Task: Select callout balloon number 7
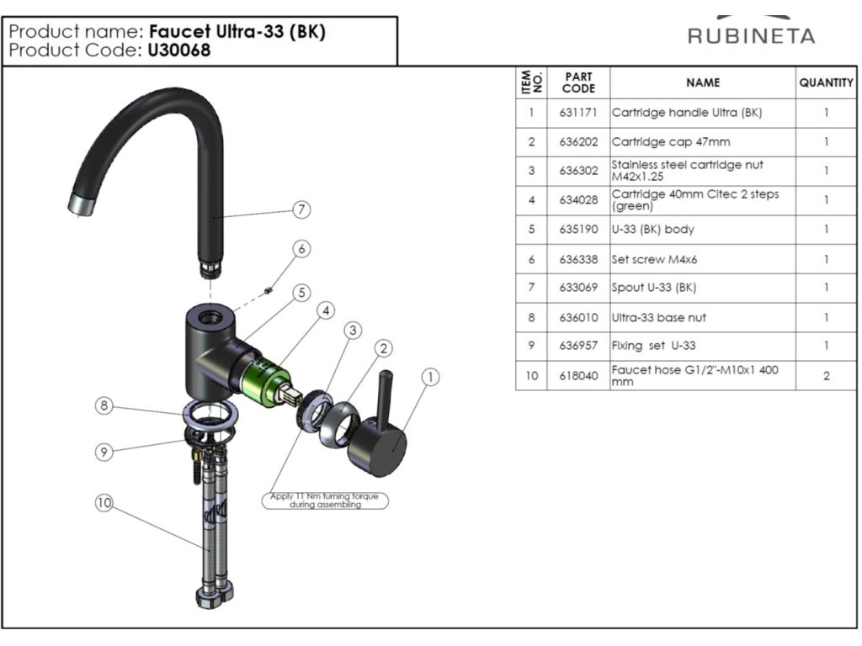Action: [301, 209]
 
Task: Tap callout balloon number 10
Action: [104, 503]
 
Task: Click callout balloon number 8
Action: [104, 406]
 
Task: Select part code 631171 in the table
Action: [578, 113]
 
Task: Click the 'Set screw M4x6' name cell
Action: [655, 259]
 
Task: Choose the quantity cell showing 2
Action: [826, 375]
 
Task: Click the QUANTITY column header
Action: [826, 82]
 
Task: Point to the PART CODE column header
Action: [578, 82]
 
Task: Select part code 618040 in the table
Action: [578, 375]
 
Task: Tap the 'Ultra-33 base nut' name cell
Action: [659, 317]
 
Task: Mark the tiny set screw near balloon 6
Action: [267, 290]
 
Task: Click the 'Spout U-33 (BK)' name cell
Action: [654, 288]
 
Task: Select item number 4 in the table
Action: [531, 200]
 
